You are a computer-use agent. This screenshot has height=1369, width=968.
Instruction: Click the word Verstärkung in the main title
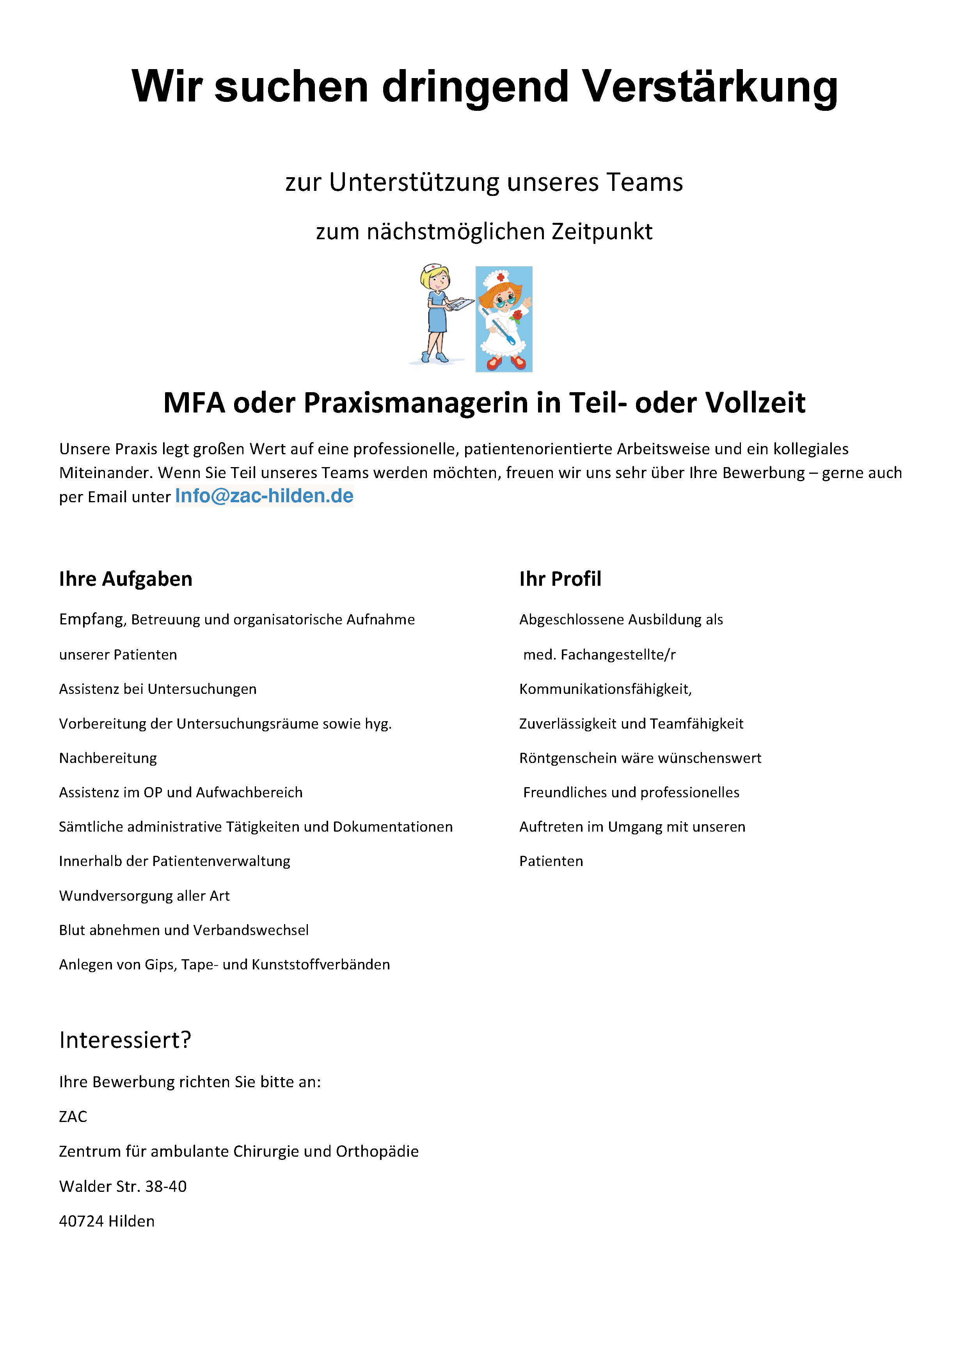click(709, 87)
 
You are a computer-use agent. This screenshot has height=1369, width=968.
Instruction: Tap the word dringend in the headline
click(475, 87)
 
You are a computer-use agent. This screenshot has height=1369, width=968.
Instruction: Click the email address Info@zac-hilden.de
click(264, 496)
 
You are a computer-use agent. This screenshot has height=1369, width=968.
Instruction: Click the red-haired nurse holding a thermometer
click(504, 319)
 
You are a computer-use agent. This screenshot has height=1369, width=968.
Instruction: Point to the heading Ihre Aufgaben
click(125, 579)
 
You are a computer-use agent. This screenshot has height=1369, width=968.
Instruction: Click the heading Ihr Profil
click(560, 579)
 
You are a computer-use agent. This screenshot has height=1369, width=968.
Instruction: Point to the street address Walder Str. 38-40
click(123, 1186)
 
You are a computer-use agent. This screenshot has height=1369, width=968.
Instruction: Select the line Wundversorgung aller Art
click(144, 896)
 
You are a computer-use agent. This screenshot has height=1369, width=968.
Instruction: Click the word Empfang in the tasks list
click(91, 619)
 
